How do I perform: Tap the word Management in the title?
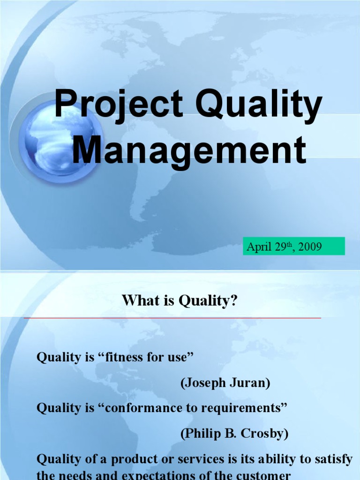click(x=189, y=150)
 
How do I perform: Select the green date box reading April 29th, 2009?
click(x=294, y=247)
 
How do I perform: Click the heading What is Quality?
click(x=180, y=301)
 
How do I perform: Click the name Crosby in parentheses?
click(x=264, y=434)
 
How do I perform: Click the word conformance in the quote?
click(x=143, y=408)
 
